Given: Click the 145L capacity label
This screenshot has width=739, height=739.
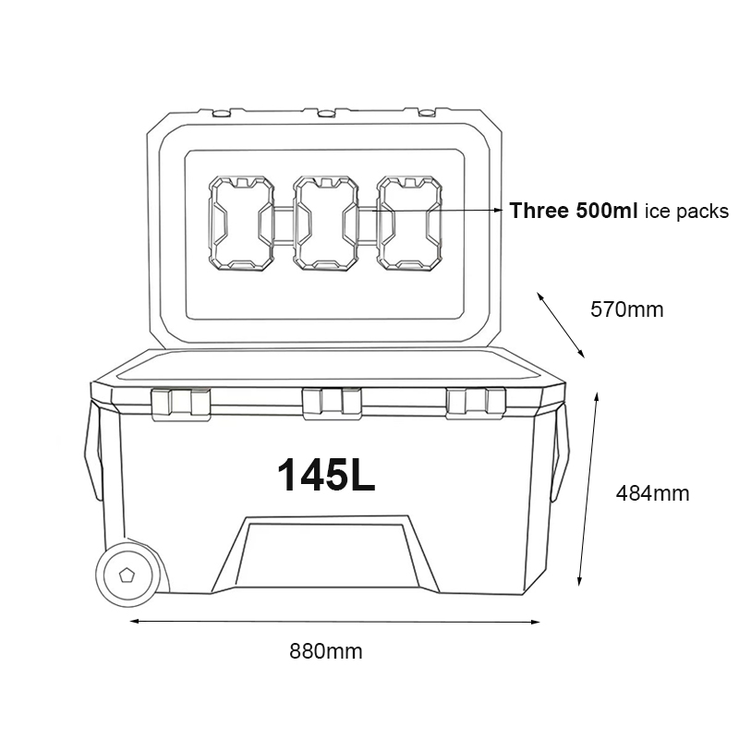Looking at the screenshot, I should [326, 474].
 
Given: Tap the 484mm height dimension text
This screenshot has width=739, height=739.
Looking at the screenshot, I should [652, 493].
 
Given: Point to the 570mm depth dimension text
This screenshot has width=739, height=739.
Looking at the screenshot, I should [626, 309].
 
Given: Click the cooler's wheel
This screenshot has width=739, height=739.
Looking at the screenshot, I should [129, 575].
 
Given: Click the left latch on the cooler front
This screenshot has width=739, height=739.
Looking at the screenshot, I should [180, 402].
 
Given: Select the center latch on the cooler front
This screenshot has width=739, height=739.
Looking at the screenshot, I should [332, 403].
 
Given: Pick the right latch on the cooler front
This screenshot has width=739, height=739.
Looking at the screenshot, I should [476, 402].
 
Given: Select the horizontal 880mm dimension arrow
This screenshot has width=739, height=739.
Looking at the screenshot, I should [333, 622].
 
